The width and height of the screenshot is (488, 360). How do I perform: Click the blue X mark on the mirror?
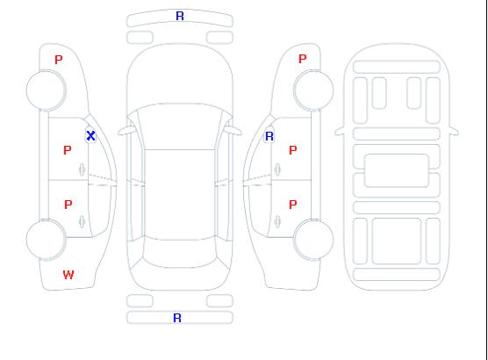tap(90, 135)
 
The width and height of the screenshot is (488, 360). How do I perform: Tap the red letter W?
tap(68, 275)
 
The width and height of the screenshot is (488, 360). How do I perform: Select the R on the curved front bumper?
tap(180, 16)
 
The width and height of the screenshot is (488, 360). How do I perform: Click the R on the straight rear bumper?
tap(177, 318)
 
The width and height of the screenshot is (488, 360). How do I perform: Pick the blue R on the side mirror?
tap(269, 136)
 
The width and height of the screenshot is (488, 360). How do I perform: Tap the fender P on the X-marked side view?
tap(59, 60)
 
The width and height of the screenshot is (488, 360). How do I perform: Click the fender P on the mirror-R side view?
tap(302, 59)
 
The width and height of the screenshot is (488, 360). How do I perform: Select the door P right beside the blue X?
tap(68, 150)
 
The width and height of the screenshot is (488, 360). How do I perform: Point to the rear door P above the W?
tap(68, 205)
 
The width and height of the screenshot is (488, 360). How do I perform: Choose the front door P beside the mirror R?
tap(292, 150)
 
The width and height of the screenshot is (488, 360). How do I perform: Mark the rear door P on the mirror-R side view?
tap(292, 205)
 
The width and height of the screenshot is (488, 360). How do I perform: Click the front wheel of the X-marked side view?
tap(46, 90)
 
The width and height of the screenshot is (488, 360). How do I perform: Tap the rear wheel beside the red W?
tap(46, 240)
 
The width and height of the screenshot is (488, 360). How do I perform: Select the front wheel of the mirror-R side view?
tap(313, 90)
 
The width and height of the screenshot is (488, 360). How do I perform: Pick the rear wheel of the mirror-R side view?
tap(313, 240)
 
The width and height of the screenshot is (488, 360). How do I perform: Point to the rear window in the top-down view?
tap(180, 254)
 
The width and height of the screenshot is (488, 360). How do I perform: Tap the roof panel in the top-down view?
tap(180, 195)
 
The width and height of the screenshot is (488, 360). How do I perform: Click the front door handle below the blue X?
tap(82, 169)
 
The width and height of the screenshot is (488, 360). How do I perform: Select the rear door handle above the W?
tap(82, 221)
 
